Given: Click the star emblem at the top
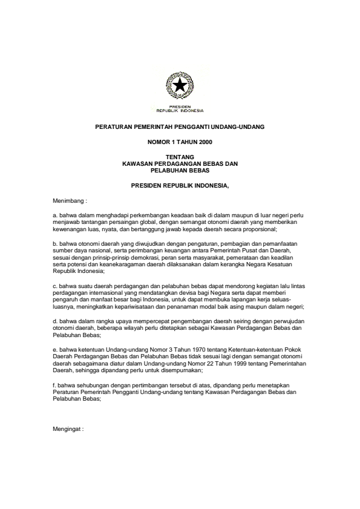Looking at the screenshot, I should pos(180,88).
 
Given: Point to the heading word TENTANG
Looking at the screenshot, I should pos(180,157).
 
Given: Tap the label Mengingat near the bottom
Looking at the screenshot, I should pos(68,428).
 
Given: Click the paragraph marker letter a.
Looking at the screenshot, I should pos(54,214).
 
